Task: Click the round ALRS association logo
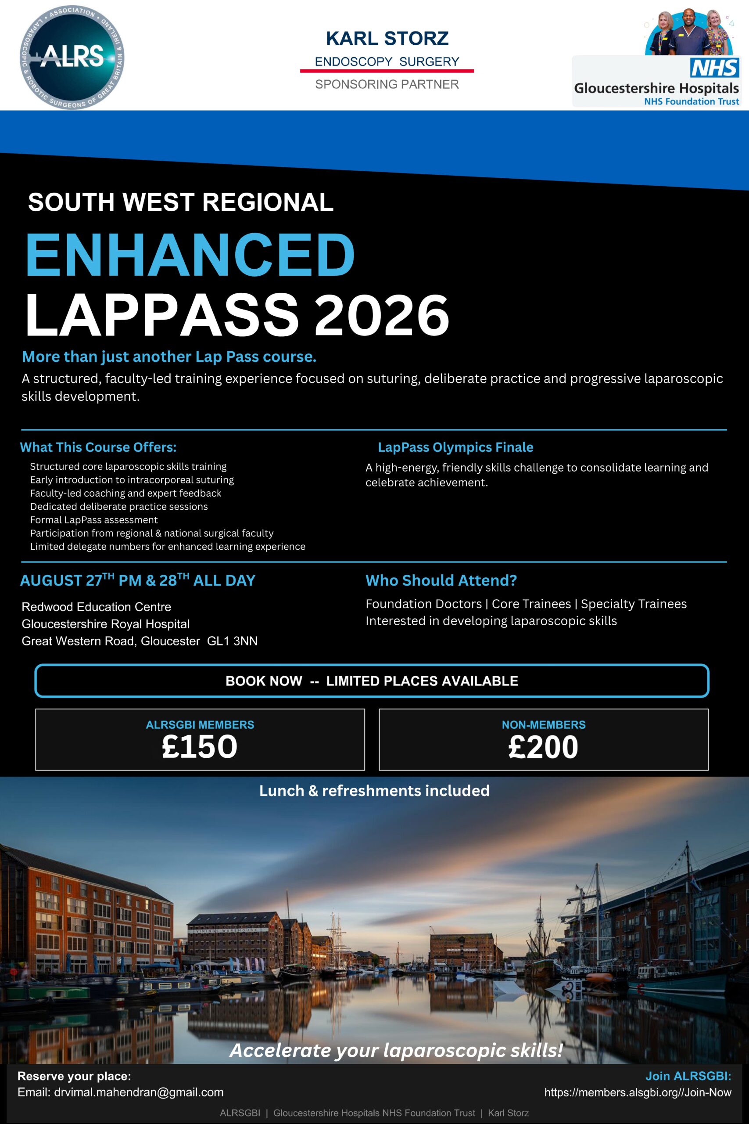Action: click(x=72, y=57)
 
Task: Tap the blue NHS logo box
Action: click(x=714, y=68)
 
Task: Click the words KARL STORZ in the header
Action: click(x=387, y=39)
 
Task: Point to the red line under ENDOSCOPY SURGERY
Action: click(x=387, y=71)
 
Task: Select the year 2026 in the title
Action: click(x=382, y=315)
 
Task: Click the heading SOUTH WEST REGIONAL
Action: click(x=181, y=202)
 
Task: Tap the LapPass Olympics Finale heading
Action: click(x=455, y=447)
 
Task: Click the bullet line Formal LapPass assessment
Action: click(x=93, y=520)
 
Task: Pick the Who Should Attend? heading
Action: click(x=441, y=580)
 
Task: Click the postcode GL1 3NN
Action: click(x=232, y=641)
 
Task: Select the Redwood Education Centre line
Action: click(x=96, y=607)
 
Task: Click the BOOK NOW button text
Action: click(x=372, y=681)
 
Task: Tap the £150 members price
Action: click(x=200, y=747)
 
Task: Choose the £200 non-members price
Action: click(x=543, y=747)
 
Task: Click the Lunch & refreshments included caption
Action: click(x=374, y=791)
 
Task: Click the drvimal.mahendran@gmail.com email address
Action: click(x=139, y=1092)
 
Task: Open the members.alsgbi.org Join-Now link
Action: click(x=638, y=1092)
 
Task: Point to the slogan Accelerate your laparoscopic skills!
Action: click(x=397, y=1050)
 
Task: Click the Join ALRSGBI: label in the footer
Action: click(x=688, y=1076)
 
